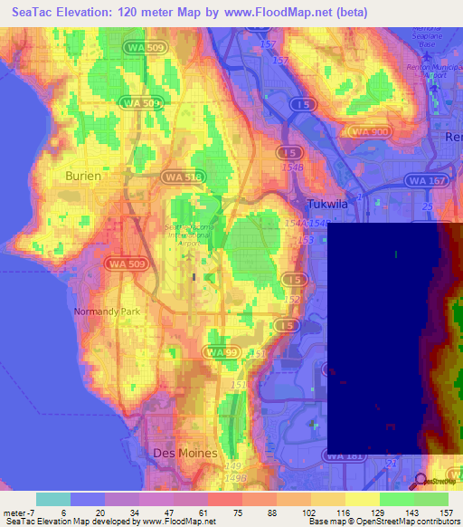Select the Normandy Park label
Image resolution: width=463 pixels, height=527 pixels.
pyautogui.click(x=103, y=311)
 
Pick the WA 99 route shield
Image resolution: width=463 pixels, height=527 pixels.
pyautogui.click(x=220, y=350)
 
